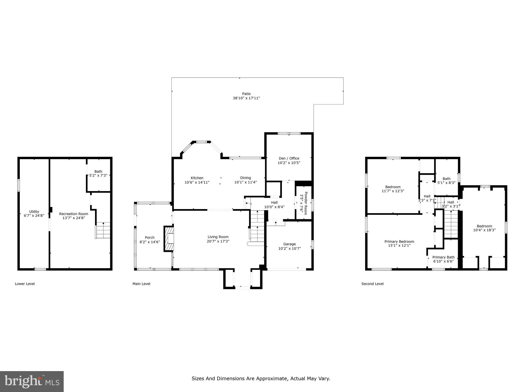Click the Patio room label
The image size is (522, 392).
click(x=246, y=94)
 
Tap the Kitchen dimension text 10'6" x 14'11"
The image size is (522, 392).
click(x=197, y=182)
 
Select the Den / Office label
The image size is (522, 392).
click(x=289, y=158)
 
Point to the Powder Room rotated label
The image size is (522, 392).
click(x=304, y=203)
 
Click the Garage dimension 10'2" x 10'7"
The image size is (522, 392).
click(x=289, y=249)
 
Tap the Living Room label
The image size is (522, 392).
click(x=218, y=237)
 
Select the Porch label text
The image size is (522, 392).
click(x=150, y=238)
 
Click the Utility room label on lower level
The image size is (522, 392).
click(x=34, y=212)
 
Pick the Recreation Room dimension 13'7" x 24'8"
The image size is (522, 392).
click(x=74, y=218)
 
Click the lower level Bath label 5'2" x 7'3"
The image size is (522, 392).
click(x=98, y=174)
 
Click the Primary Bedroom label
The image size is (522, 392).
click(x=399, y=241)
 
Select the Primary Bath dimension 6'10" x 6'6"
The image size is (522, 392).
click(x=443, y=261)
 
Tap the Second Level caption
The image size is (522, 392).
click(x=372, y=284)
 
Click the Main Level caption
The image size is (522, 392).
click(x=141, y=284)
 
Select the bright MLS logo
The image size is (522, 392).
click(x=32, y=382)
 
